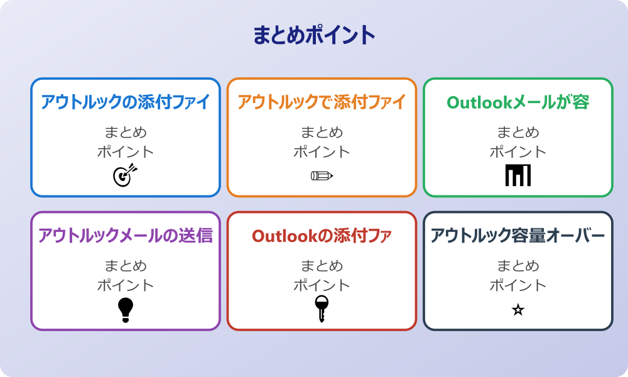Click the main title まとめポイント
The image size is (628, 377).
(314, 35)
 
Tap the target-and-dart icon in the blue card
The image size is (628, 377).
(124, 175)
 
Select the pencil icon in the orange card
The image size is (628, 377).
(322, 175)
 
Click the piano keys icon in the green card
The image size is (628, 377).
(518, 175)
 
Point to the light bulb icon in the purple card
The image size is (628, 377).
(126, 310)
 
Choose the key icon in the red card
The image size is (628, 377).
(322, 309)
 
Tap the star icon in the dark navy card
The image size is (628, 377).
(518, 310)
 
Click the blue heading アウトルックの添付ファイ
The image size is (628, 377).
(126, 102)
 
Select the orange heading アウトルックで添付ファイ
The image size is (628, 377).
(322, 102)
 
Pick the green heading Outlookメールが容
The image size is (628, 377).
(518, 102)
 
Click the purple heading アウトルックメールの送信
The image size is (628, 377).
(126, 236)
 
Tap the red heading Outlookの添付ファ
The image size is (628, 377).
(322, 236)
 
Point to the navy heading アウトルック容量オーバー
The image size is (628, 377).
(518, 236)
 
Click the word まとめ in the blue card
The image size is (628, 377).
(126, 133)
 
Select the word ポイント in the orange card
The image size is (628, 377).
(322, 151)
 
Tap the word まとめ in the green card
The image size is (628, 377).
(518, 133)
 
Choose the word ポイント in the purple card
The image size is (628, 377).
(126, 285)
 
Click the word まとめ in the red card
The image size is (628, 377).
(322, 266)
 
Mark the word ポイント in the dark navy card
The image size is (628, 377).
(518, 285)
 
